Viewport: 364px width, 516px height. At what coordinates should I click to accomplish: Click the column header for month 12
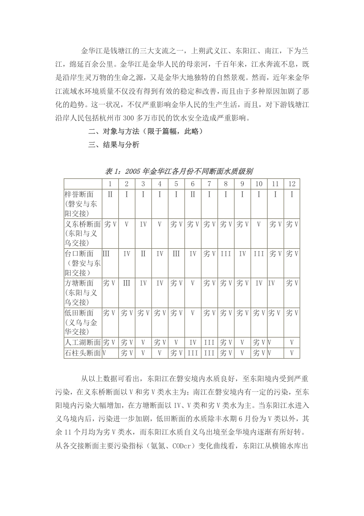tap(292, 184)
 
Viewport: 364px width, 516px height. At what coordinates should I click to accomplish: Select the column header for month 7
tap(209, 184)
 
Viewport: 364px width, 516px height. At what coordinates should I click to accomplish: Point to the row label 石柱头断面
tap(83, 353)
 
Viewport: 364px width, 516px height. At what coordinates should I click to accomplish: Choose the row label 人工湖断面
tap(83, 342)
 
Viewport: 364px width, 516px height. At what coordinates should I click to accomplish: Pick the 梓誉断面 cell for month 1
tap(110, 195)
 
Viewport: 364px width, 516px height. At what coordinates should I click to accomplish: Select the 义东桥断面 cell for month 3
tap(143, 224)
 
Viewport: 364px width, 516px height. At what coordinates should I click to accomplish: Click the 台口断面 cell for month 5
tap(176, 253)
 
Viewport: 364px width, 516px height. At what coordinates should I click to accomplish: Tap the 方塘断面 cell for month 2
tap(127, 283)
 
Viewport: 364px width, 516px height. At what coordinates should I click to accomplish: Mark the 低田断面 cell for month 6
tap(193, 313)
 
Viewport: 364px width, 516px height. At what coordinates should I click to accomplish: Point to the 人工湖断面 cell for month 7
tap(209, 342)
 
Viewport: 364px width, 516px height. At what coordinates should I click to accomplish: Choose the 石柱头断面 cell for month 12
tap(292, 353)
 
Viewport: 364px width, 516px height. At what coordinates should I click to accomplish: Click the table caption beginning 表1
tap(179, 172)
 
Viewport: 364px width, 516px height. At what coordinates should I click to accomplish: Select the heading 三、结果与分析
tap(114, 145)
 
